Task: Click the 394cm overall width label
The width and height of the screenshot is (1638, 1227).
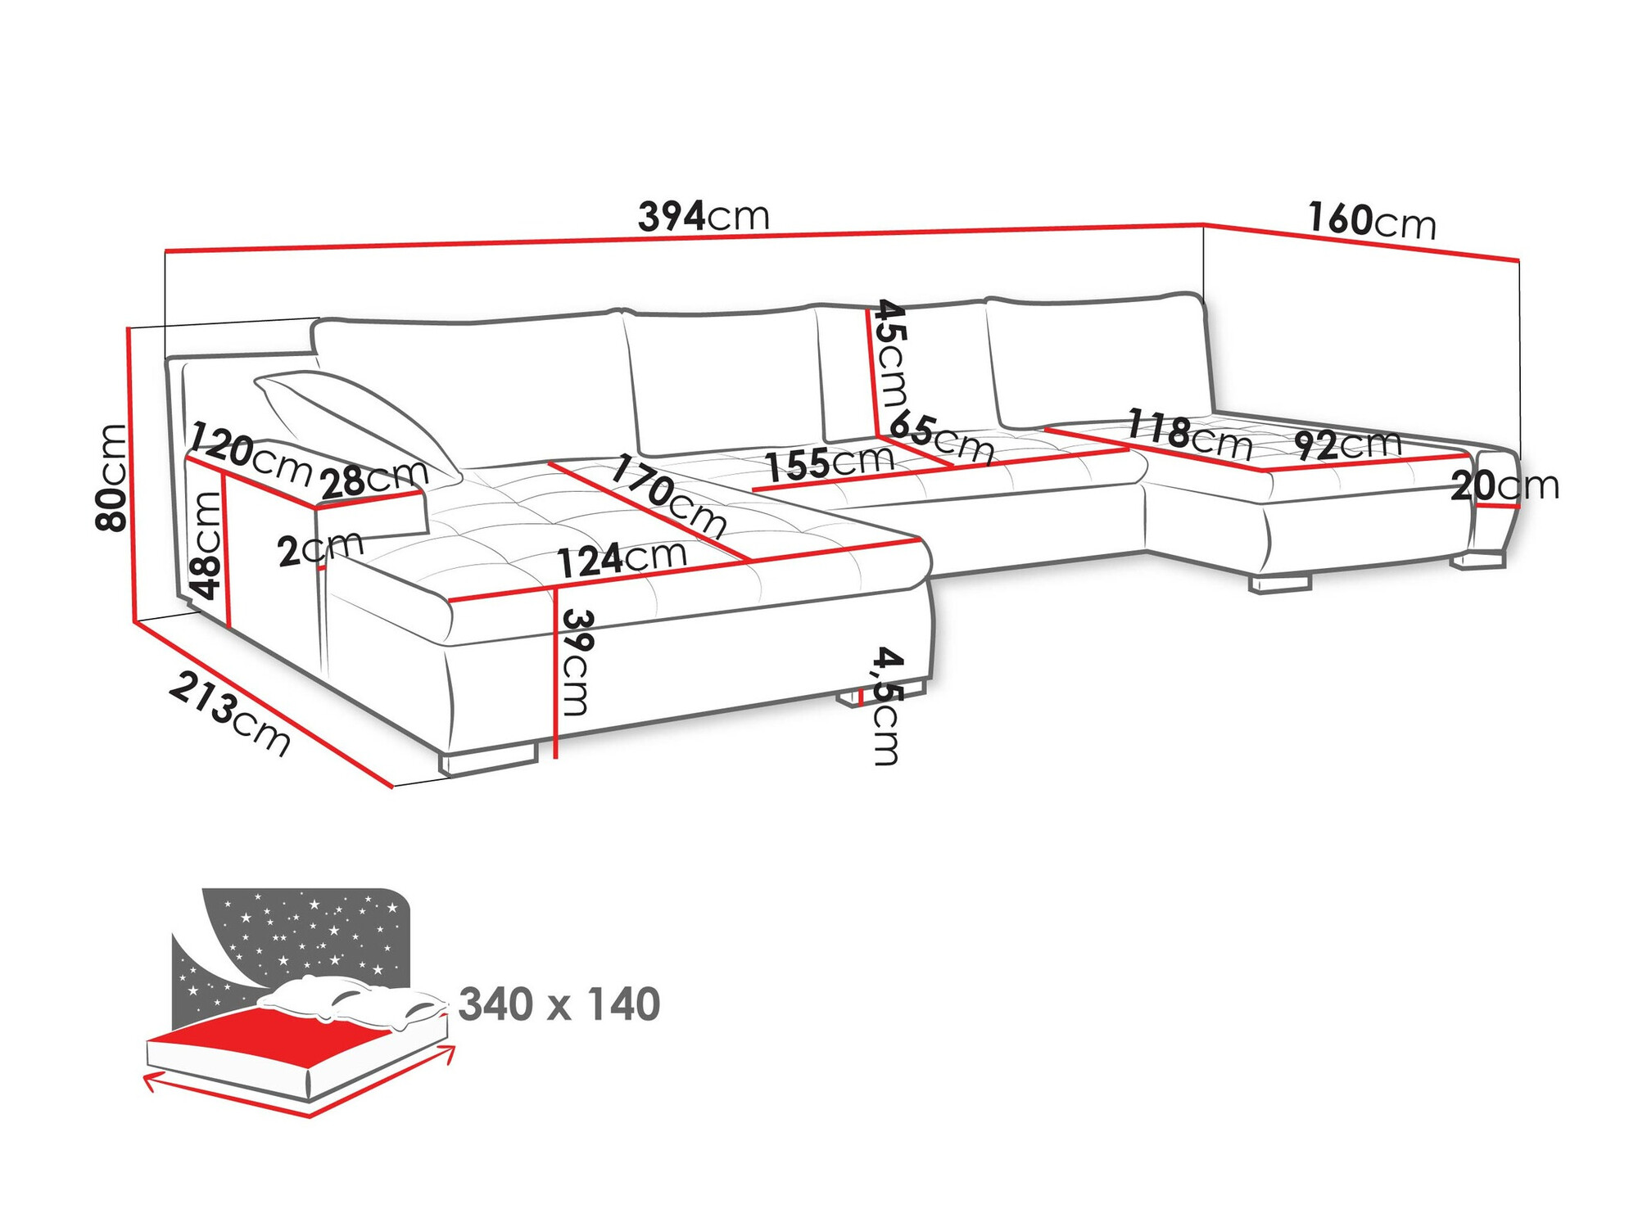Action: [704, 217]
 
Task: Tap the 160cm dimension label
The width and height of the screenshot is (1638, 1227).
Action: [1371, 221]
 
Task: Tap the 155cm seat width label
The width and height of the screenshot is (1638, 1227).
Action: [829, 463]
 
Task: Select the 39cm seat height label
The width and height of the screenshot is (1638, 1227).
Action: [576, 661]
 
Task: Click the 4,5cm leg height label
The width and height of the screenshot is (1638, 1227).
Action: [887, 706]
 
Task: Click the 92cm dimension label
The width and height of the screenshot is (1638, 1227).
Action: [1347, 445]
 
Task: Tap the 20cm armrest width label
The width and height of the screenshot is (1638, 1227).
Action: [1505, 486]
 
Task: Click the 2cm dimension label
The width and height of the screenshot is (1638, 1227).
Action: [319, 548]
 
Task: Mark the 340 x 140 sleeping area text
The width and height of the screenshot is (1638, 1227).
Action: [559, 1004]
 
